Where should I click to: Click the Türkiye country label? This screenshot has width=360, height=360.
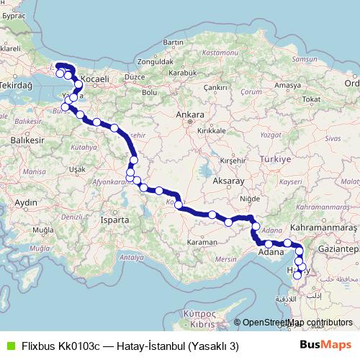point(274,158)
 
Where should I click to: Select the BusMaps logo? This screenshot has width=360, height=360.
point(325,345)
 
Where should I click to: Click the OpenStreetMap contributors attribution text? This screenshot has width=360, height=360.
point(297,323)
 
